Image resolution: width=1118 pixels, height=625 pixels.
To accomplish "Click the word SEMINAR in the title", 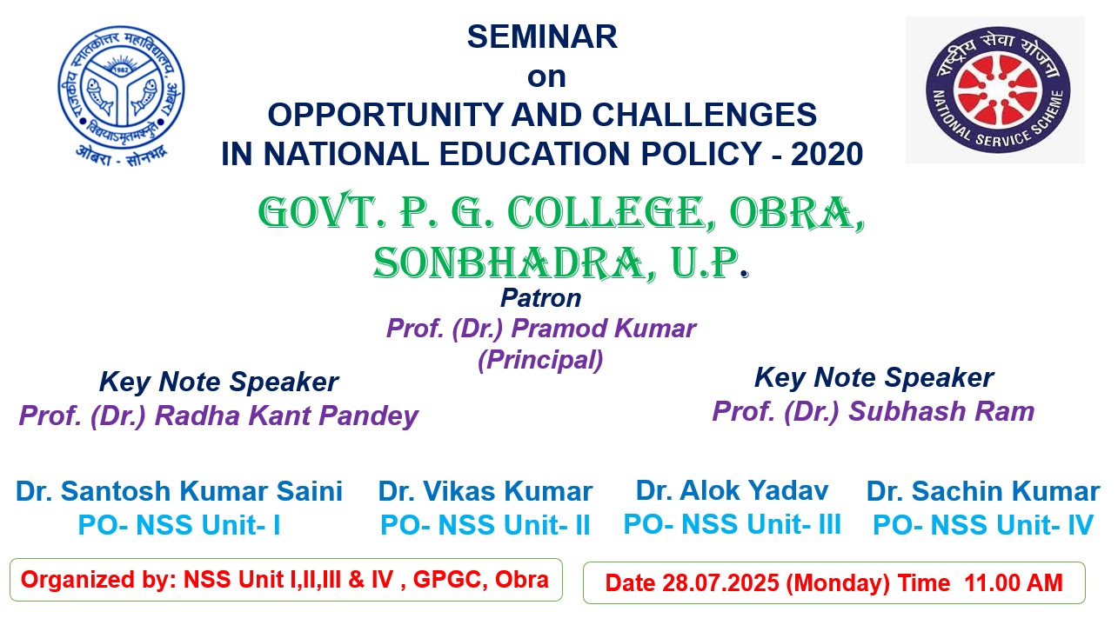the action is (542, 37).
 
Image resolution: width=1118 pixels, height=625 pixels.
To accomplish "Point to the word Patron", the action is (541, 298).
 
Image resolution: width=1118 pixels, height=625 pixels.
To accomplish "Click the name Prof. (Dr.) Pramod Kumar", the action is (541, 329).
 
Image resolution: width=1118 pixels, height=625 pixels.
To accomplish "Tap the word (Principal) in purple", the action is (540, 360).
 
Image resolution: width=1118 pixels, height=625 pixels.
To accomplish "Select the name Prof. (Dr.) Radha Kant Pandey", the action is (218, 416).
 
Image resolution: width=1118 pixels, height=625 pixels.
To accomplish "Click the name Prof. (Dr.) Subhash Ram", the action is (874, 411).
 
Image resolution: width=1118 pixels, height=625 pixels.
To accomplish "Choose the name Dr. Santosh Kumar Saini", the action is (179, 491).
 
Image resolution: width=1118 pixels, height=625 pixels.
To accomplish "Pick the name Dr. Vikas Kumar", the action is (485, 491).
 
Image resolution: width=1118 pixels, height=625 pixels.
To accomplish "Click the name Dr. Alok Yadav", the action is (733, 489).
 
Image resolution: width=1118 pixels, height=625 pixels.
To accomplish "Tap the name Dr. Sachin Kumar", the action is (983, 491).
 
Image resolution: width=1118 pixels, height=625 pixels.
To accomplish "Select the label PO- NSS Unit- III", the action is (733, 524).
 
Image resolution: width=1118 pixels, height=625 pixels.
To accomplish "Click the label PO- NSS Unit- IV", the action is (983, 525).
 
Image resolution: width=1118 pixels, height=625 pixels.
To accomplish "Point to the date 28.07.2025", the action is (720, 582).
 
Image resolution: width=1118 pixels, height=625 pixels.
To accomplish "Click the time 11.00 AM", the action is (1014, 582).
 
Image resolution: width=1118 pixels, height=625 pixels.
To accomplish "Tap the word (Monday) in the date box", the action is (838, 582).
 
